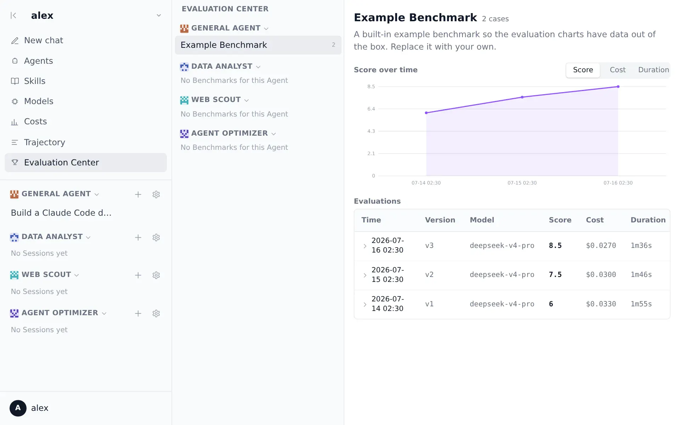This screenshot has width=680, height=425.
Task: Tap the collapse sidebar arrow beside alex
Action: (13, 16)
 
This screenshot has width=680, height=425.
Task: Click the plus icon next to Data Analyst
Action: (138, 238)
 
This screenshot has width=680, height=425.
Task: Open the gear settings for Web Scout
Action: (156, 275)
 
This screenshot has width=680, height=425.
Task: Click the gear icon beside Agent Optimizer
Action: (156, 313)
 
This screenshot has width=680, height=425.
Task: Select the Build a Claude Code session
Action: (61, 213)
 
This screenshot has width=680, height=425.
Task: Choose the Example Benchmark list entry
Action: (258, 45)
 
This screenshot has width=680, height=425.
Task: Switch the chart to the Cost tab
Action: (618, 70)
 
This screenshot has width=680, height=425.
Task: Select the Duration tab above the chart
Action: (653, 70)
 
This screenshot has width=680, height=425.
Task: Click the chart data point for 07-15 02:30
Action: (522, 97)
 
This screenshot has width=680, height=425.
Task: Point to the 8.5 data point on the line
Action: (618, 87)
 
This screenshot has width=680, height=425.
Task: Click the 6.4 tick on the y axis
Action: (371, 109)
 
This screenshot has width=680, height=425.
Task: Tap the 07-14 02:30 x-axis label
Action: (426, 183)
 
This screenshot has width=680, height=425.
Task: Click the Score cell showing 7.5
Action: (555, 275)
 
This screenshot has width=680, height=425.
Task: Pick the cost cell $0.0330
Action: (601, 304)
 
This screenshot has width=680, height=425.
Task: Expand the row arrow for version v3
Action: (365, 246)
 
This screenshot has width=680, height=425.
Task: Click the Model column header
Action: (482, 220)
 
